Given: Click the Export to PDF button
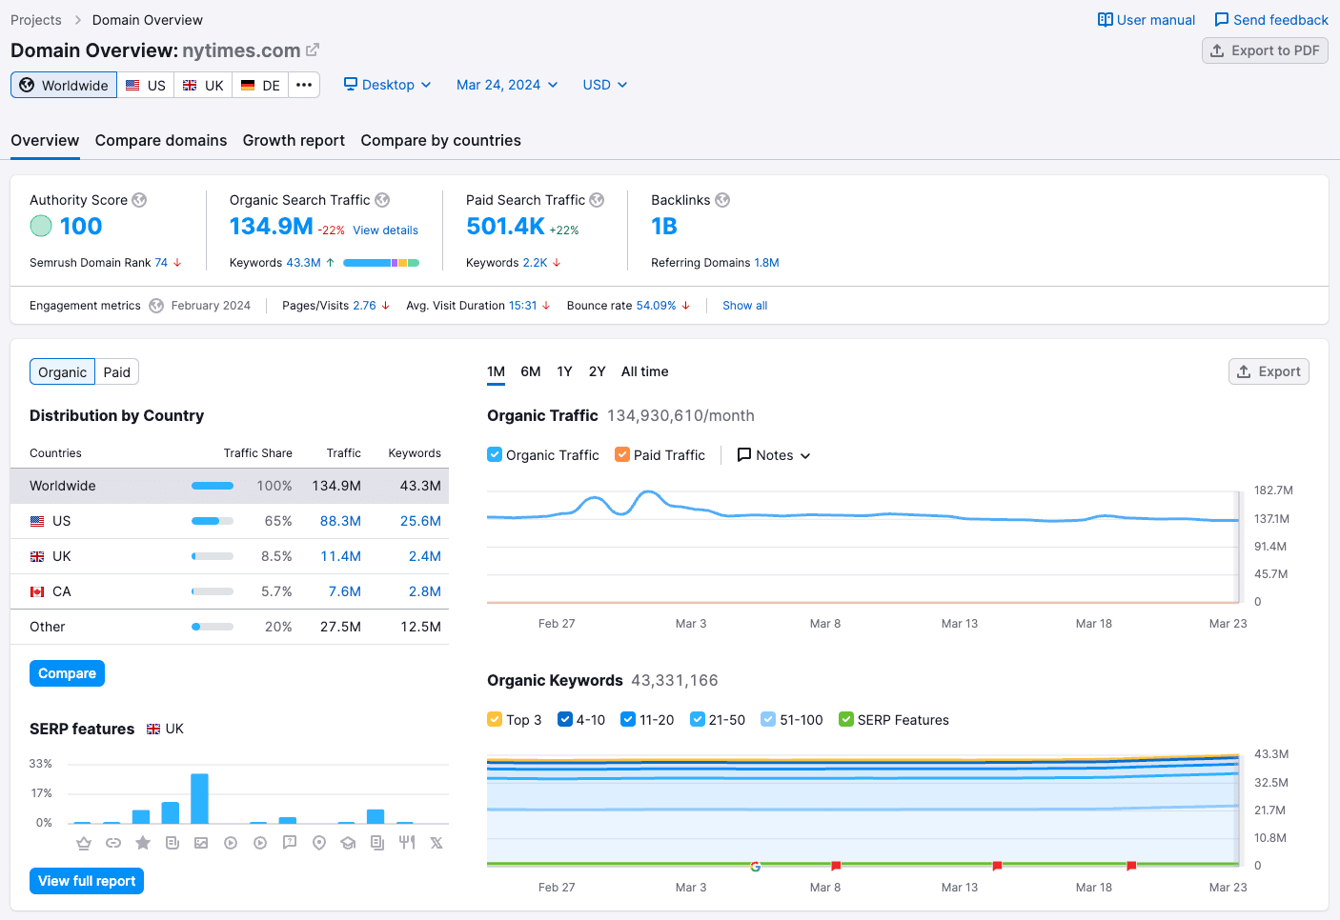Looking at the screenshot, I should [1265, 50].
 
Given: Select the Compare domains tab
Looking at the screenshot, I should [161, 140].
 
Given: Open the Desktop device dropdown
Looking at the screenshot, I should [387, 85].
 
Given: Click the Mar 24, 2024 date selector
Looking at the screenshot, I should [506, 85].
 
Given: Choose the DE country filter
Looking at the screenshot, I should [260, 86].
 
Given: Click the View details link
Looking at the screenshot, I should [385, 230].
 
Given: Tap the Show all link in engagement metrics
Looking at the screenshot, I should [744, 306].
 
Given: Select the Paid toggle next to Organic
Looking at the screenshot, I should [117, 372].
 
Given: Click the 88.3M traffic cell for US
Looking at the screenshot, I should [340, 521].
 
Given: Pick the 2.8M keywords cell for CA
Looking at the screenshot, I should [424, 591].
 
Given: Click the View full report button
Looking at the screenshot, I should [87, 881].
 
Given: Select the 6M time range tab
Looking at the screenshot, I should [531, 371].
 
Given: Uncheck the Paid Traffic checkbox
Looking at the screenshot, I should [622, 455].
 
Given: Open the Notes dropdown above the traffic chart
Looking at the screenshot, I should [774, 455].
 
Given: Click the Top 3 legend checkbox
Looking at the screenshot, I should [495, 720].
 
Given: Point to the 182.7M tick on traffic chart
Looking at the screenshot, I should [1272, 490].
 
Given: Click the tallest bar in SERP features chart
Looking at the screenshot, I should [199, 798].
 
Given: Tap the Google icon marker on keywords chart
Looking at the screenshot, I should [755, 867].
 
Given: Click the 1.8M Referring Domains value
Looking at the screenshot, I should [766, 263].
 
